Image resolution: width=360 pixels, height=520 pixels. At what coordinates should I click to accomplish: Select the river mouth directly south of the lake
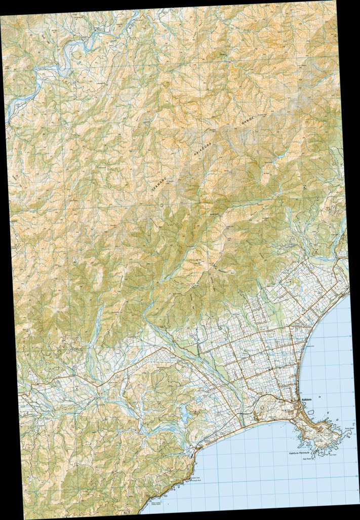(198, 448)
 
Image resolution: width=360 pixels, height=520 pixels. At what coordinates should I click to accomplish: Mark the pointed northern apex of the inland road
(162, 348)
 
